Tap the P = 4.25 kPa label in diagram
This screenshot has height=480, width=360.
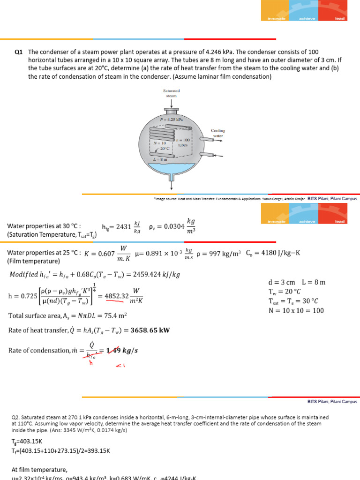coord(171,120)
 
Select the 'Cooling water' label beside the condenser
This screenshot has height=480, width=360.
coord(218,133)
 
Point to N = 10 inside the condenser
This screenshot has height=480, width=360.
coord(160,142)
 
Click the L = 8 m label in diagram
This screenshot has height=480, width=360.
coord(161,160)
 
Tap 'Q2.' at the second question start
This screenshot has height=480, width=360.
coord(16,417)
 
